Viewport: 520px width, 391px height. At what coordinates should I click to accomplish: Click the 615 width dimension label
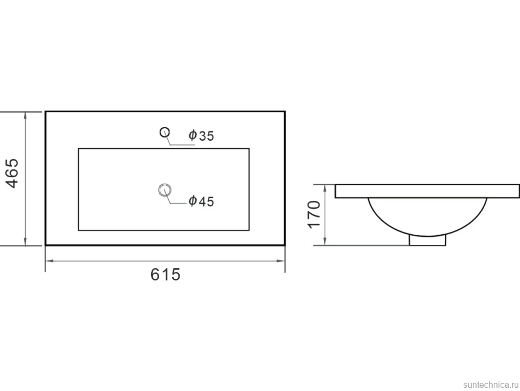(x=165, y=275)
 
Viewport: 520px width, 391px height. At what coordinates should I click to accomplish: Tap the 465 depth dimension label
(x=13, y=173)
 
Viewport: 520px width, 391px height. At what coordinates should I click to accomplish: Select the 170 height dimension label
(x=314, y=214)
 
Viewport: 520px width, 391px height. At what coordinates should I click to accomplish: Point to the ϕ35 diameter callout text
(x=202, y=135)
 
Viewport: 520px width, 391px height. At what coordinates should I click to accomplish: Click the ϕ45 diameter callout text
(x=202, y=201)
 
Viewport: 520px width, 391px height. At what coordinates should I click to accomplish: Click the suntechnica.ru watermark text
(x=491, y=385)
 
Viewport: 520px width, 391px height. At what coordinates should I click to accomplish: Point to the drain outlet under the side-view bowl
(x=427, y=241)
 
